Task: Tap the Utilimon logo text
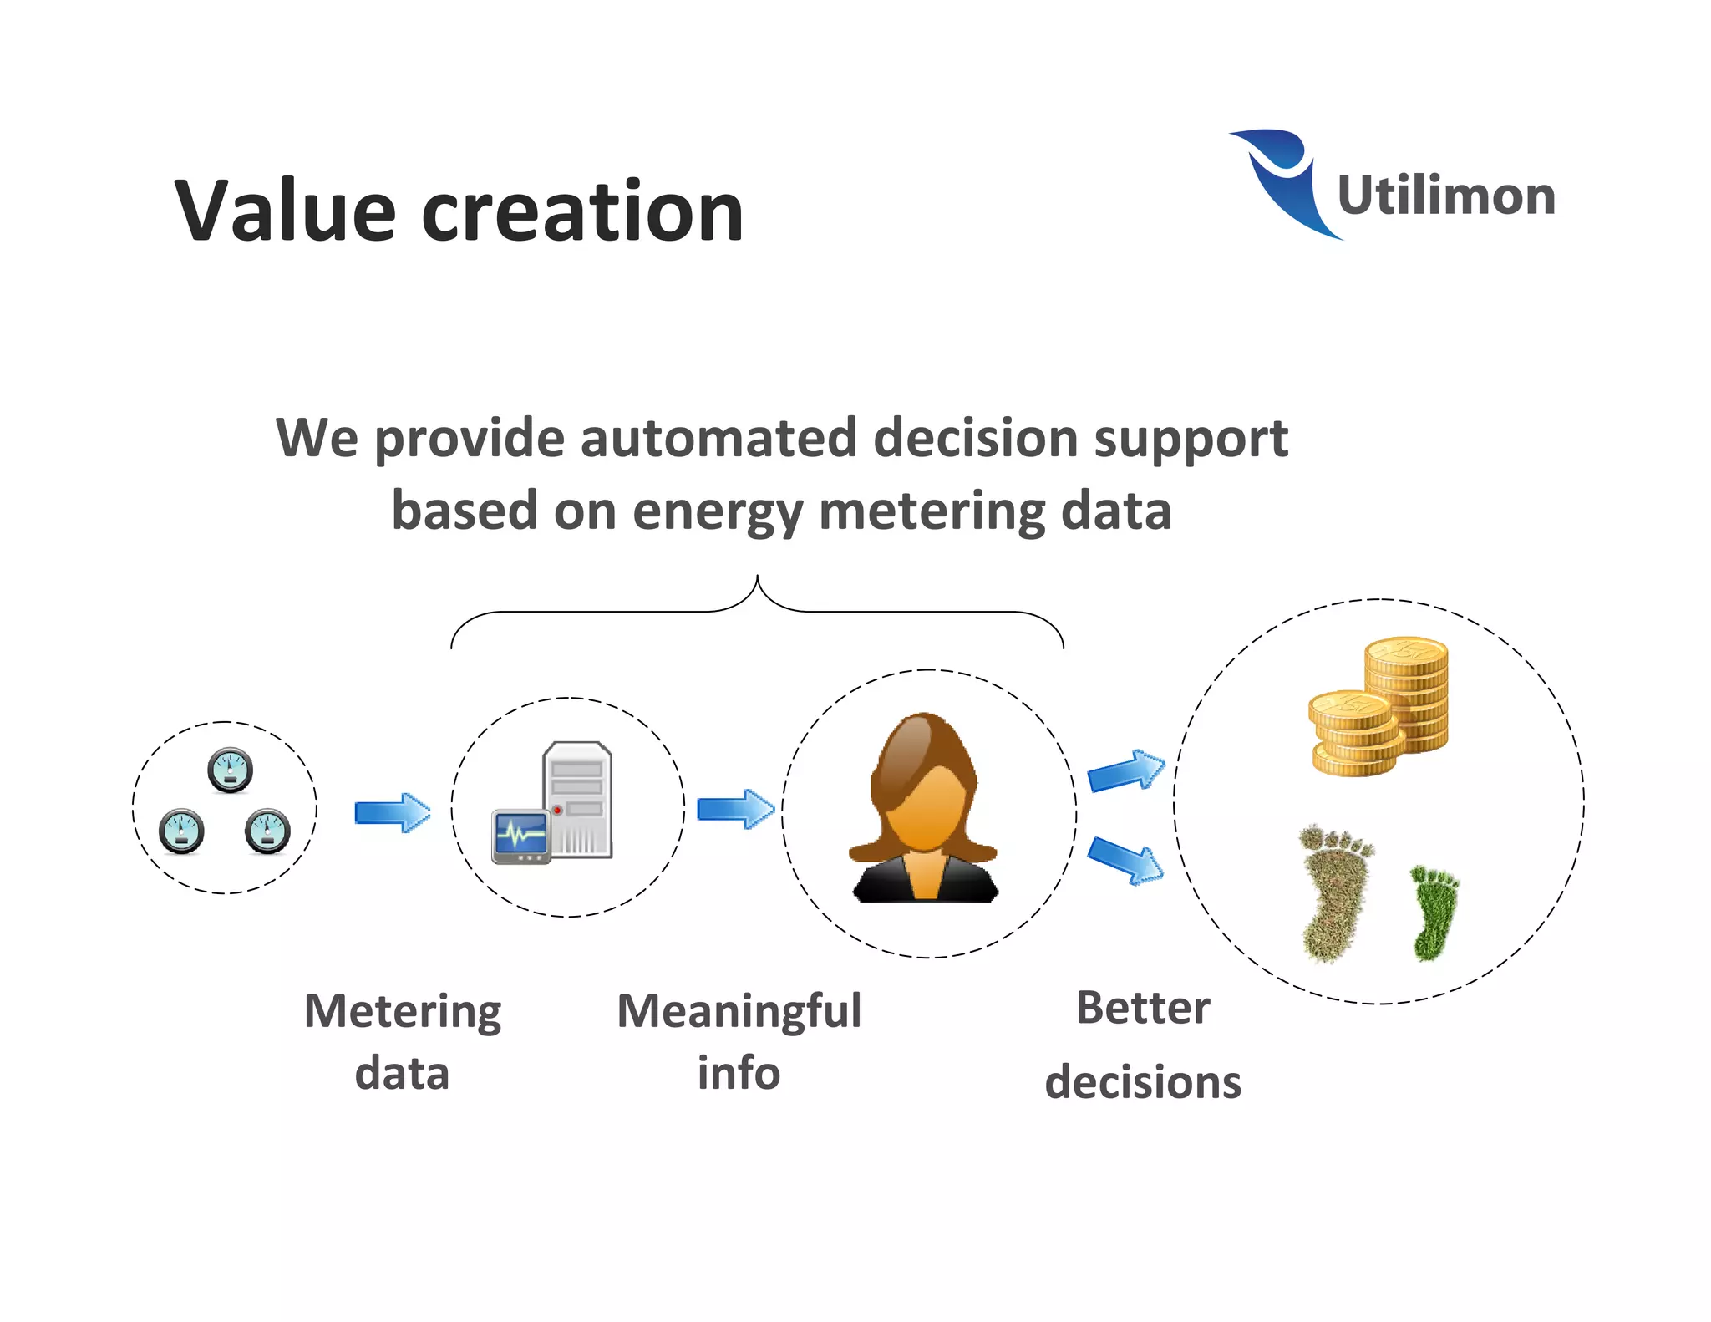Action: click(1446, 196)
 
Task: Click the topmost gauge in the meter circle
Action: click(230, 770)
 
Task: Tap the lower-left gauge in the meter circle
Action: click(181, 831)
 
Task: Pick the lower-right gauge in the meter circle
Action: click(267, 831)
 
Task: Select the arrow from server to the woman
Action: click(735, 809)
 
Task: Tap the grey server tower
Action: click(578, 798)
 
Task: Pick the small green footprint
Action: click(1434, 913)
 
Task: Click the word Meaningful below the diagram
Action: click(739, 1011)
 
